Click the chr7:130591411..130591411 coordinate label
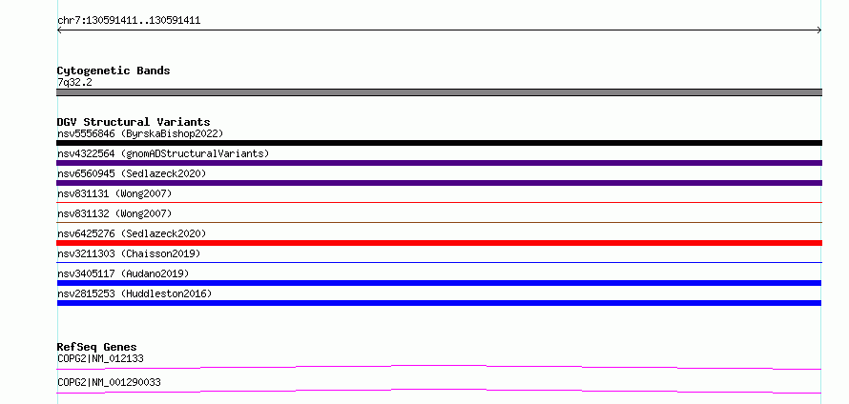pos(129,21)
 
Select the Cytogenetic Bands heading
pos(114,71)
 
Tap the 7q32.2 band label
pos(74,83)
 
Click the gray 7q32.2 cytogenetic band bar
pos(439,92)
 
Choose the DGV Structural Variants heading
pos(134,122)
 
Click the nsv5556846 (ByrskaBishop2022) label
pos(140,133)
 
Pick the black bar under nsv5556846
pos(439,143)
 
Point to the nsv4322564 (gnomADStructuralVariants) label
pos(163,153)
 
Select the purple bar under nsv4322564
pos(439,163)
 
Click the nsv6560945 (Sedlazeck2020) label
pos(132,173)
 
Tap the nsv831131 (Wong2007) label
pos(114,193)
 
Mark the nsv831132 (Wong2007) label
pos(114,213)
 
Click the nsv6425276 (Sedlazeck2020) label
pos(132,233)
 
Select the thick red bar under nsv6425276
pos(439,243)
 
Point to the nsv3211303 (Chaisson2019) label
pos(129,253)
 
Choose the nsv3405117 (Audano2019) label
pos(123,273)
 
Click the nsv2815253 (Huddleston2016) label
pos(135,293)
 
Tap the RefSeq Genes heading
pos(97,347)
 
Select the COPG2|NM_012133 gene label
pos(100,358)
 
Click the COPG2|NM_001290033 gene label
pos(109,383)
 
